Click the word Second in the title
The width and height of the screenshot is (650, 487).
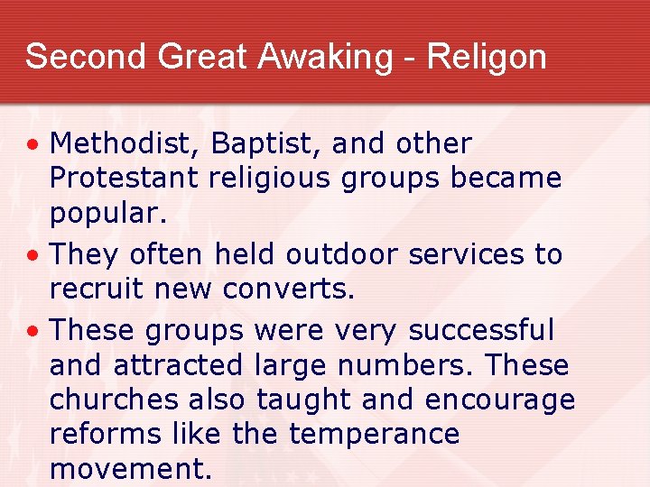[x=86, y=57]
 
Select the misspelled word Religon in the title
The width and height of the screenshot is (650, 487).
[x=487, y=57]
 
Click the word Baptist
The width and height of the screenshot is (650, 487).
[x=256, y=143]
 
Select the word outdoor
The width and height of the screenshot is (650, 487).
[x=341, y=255]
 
